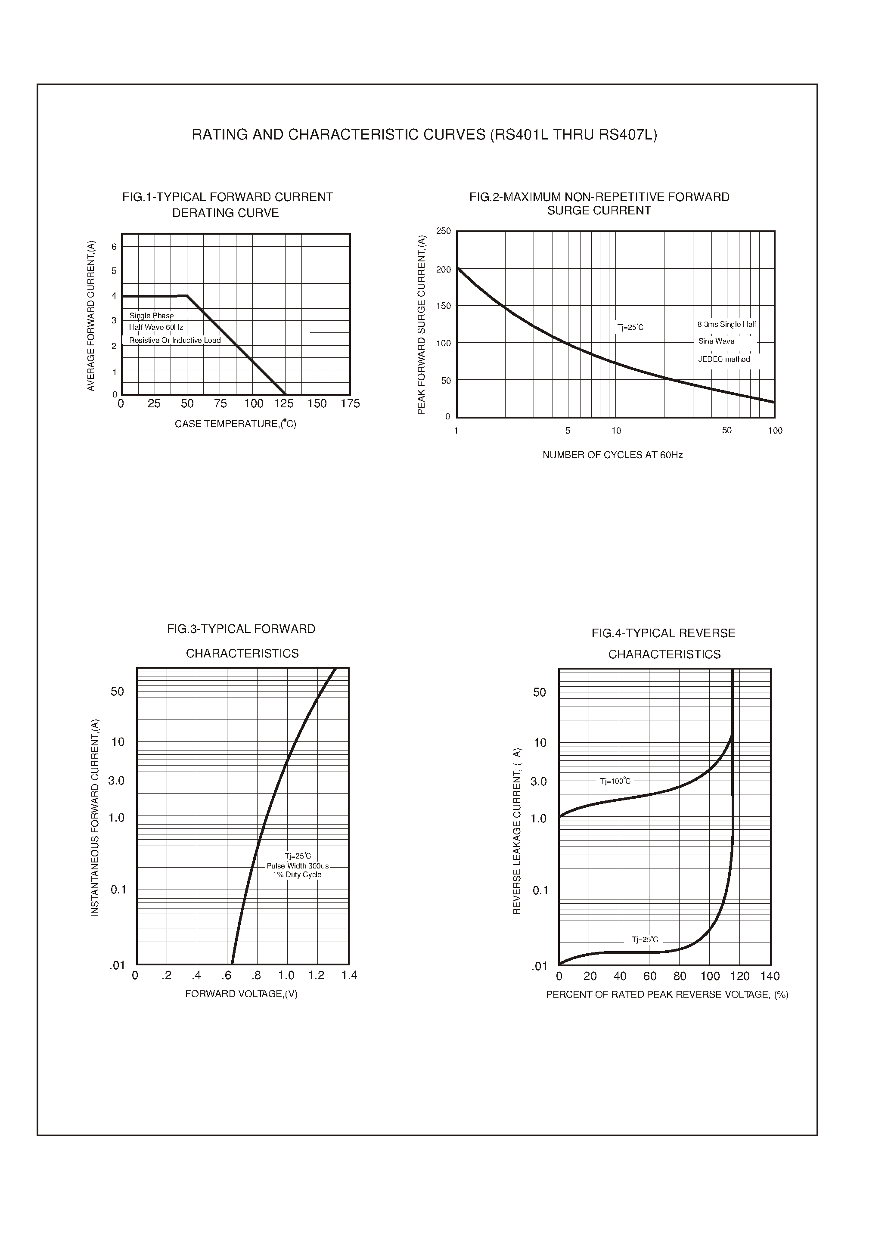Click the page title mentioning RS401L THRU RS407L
424,135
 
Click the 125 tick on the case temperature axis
284,404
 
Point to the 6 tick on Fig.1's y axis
114,247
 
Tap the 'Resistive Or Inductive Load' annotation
175,340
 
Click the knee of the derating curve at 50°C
187,296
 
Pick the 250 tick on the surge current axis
443,231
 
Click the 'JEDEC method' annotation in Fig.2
723,360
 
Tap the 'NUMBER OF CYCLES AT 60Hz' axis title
612,455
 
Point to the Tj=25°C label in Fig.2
630,328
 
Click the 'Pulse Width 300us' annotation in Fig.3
298,865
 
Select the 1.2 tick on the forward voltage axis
316,975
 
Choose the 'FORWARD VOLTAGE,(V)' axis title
242,994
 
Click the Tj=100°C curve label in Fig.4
615,781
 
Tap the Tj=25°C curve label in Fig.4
645,940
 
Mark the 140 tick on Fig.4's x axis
770,977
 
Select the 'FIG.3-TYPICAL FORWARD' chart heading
242,629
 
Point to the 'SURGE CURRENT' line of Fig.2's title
599,211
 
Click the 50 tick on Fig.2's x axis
727,431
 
